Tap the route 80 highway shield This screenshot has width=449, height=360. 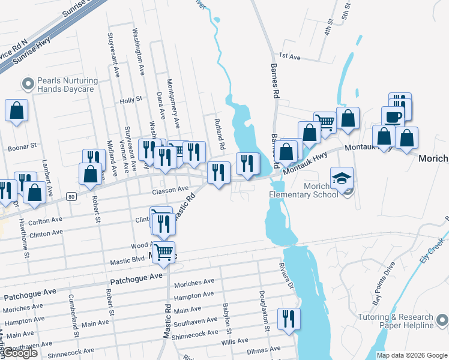[x=71, y=196]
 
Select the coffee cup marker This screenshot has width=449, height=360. [x=393, y=116]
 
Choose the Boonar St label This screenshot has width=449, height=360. [x=22, y=146]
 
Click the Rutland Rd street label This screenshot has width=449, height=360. [x=220, y=134]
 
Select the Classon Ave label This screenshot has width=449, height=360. [x=170, y=190]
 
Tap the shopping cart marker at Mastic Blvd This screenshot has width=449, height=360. [x=164, y=252]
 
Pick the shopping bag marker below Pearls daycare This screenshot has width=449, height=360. [x=17, y=110]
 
